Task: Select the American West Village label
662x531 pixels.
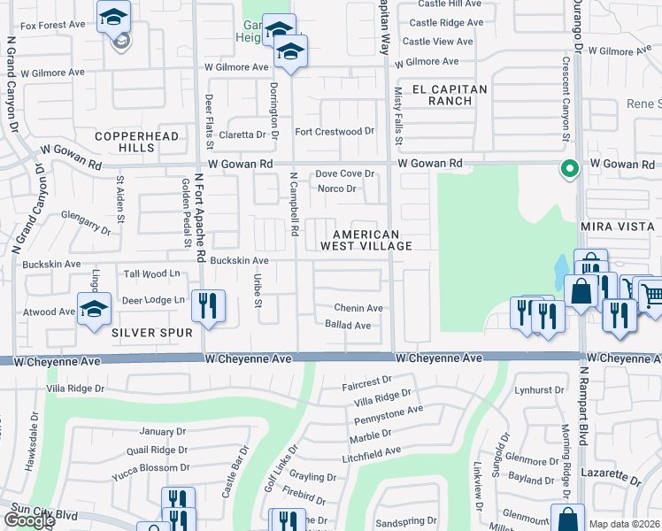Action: [372, 239]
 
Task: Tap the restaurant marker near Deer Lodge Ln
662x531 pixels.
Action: [209, 305]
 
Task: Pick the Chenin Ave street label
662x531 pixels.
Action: [358, 308]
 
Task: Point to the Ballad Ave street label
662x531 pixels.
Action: [347, 325]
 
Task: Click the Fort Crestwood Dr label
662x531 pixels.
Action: [335, 132]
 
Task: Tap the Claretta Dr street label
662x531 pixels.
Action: [242, 135]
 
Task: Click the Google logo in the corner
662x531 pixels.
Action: [28, 520]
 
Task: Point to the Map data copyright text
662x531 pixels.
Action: [624, 524]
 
